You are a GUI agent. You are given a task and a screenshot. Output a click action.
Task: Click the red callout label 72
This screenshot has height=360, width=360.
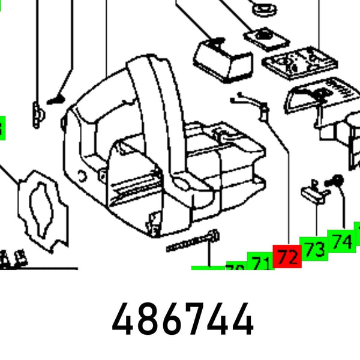(287, 257)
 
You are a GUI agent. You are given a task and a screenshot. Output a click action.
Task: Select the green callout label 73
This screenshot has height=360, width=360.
(315, 248)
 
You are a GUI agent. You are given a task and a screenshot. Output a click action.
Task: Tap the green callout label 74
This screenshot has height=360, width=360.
(341, 240)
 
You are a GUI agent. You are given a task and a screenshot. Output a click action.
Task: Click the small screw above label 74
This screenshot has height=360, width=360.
(336, 180)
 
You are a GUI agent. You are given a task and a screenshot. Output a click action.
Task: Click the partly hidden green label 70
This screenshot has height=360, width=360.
(235, 268)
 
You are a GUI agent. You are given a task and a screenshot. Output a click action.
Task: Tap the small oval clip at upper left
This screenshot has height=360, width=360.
(38, 111)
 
